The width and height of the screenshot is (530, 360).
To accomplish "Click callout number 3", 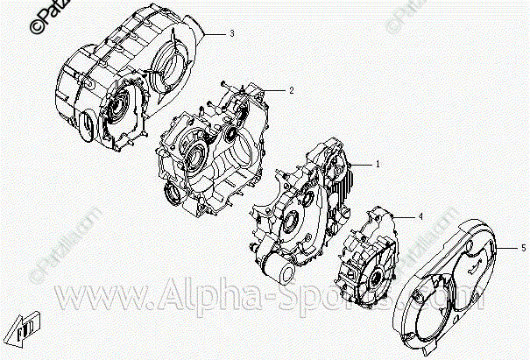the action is pos(232,33).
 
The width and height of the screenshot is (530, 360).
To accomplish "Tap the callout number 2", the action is pos(291,89).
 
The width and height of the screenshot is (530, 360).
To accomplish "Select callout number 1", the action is pos(378,164).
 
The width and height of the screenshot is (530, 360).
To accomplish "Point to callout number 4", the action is pos(420,215).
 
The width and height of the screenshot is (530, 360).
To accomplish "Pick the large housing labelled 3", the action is pos(123,83).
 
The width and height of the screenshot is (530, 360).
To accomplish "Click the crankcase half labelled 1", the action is pos(302,210).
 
